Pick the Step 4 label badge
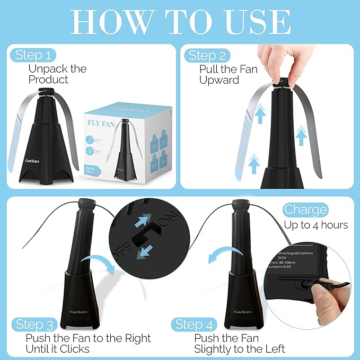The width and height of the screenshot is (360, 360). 197,324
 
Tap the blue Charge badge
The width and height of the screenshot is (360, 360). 305,209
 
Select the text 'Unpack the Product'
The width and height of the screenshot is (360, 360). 57,74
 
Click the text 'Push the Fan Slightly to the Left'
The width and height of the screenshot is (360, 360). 239,344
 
